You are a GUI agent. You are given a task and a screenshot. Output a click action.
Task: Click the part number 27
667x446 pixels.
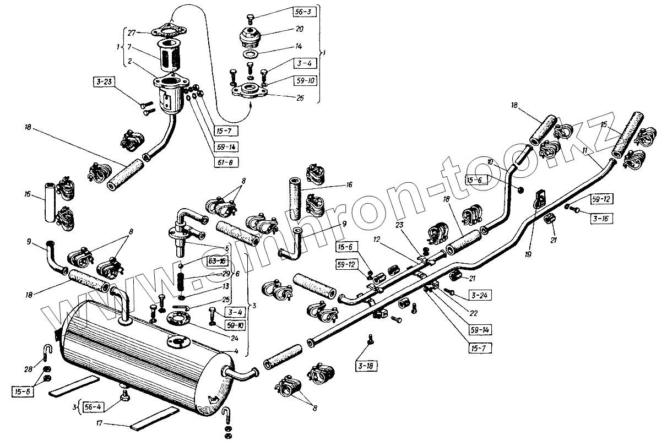coord(132,33)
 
